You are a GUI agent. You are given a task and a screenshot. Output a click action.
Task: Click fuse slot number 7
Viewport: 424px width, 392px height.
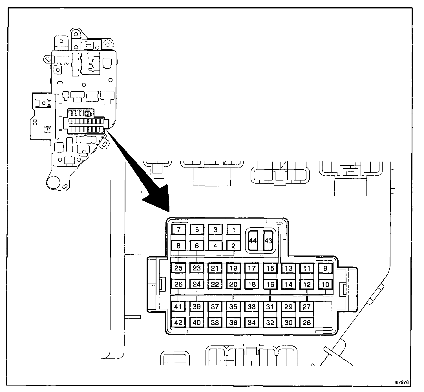click(178, 230)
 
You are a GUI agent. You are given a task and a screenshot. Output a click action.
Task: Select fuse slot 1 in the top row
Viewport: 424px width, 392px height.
click(233, 230)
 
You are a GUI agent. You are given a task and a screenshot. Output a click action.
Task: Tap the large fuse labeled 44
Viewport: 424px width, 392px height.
click(253, 241)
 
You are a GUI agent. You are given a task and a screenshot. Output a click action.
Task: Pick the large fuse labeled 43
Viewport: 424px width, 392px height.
click(268, 241)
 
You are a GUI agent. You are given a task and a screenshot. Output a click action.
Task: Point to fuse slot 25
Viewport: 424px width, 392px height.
click(178, 268)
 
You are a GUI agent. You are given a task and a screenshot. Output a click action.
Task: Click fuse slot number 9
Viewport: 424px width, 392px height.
click(325, 268)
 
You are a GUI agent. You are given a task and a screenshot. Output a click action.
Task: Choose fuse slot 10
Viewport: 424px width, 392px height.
click(325, 284)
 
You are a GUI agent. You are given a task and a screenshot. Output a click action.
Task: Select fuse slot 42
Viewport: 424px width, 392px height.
click(178, 322)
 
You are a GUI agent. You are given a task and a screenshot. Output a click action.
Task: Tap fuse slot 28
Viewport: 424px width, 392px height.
click(307, 322)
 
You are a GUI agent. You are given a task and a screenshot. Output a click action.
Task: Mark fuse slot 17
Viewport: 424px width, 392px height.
click(252, 268)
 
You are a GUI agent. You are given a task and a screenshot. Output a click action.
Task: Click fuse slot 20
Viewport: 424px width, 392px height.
click(233, 284)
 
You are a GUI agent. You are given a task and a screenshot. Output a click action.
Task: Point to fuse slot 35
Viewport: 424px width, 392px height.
click(233, 307)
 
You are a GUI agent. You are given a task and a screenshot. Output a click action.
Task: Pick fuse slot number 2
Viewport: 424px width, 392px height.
click(233, 246)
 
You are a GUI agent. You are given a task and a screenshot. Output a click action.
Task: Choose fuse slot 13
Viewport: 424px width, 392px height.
click(288, 268)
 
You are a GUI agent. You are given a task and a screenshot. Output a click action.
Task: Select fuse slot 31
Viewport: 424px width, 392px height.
click(270, 307)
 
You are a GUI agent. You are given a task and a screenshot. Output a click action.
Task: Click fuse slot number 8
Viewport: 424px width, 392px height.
click(178, 246)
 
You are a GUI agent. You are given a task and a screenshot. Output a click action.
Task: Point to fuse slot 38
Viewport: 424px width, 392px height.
click(215, 322)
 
